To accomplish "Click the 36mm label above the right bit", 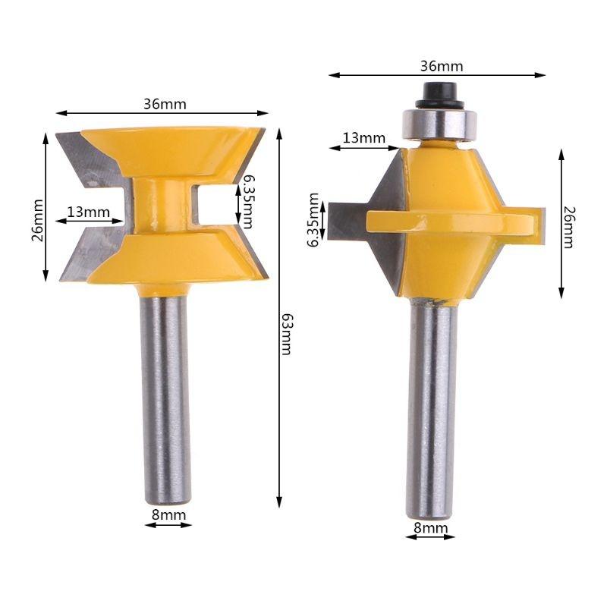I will [441, 66].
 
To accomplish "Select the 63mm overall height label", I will [286, 334].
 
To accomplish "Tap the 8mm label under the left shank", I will [168, 514].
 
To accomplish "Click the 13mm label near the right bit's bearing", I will [363, 137].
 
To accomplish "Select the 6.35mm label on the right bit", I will [313, 219].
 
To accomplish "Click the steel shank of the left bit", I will [167, 395].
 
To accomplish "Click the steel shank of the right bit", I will [431, 410].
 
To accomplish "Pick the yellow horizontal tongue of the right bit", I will [455, 220].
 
